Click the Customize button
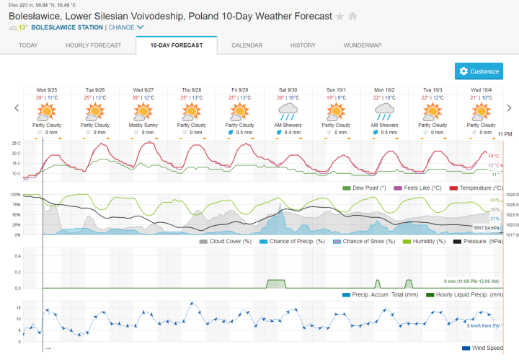coord(479,71)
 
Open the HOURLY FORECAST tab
coord(92,45)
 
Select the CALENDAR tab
coord(247,45)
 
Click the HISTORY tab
coord(303,45)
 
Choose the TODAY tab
coord(28,45)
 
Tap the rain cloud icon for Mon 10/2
coord(384,111)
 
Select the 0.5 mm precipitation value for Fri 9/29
coord(243,133)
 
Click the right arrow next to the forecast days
coord(509,108)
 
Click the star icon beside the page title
coord(340,17)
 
